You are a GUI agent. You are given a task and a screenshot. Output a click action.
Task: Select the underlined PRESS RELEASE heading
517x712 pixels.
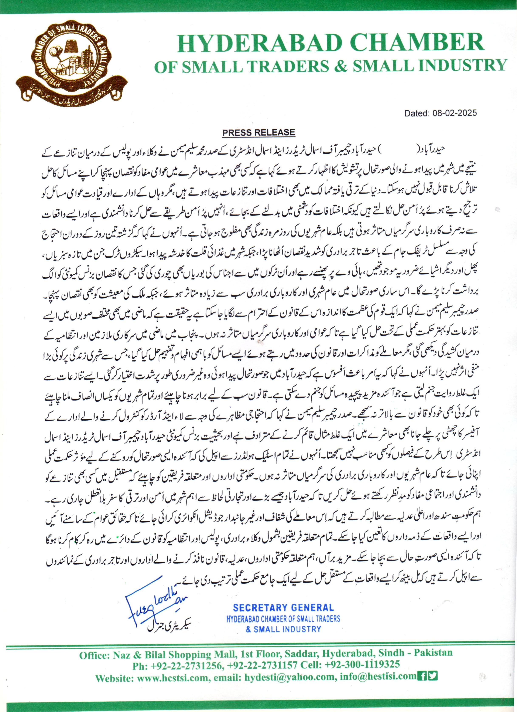click(258, 133)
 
